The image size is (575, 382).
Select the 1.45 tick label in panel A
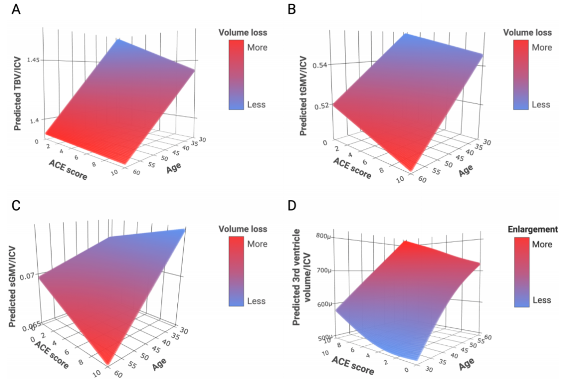pyautogui.click(x=34, y=60)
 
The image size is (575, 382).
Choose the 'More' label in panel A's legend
pyautogui.click(x=258, y=47)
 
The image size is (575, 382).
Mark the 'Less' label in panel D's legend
pyautogui.click(x=541, y=300)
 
